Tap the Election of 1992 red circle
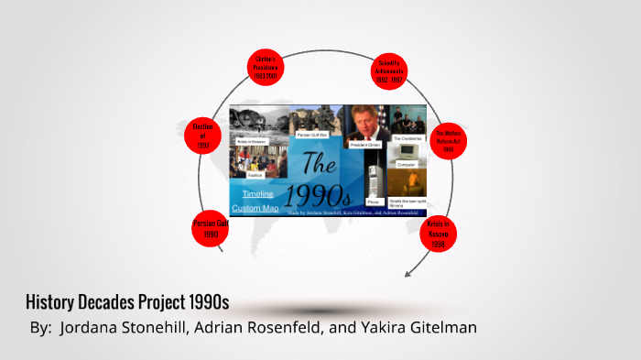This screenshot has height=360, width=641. pos(203,136)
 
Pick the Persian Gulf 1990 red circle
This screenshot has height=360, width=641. pos(210,229)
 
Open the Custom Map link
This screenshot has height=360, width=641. pos(255,208)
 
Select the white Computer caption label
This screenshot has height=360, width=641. pos(407,164)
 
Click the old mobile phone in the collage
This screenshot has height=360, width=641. pos(373,174)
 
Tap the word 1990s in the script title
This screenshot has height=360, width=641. pos(317,194)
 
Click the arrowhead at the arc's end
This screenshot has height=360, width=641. pos(408,273)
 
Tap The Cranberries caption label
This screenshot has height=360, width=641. pos(407,137)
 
